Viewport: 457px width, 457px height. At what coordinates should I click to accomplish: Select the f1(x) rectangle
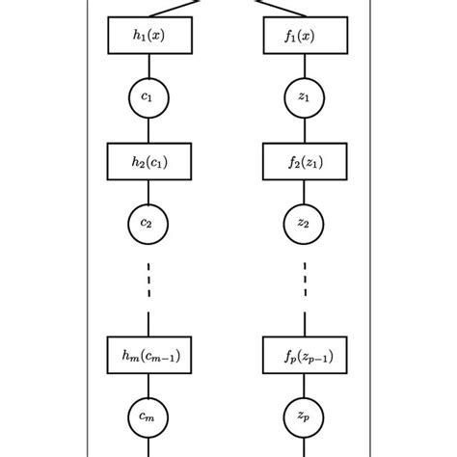coord(305,36)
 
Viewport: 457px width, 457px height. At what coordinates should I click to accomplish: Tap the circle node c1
coord(148,97)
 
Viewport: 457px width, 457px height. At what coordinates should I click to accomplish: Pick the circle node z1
coord(305,97)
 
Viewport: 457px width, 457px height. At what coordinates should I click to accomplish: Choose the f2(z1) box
coord(305,161)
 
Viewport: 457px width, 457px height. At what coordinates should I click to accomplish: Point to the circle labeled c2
coord(148,224)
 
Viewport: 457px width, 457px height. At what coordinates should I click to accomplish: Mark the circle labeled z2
coord(305,224)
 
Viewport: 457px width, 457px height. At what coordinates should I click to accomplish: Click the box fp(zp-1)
coord(305,355)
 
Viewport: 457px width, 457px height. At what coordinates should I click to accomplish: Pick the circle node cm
coord(148,417)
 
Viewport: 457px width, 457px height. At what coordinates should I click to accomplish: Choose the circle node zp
coord(305,417)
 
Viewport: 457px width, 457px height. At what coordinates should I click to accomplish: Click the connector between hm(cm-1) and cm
coord(148,386)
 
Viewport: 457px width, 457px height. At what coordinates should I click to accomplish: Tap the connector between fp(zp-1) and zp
coord(305,386)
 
